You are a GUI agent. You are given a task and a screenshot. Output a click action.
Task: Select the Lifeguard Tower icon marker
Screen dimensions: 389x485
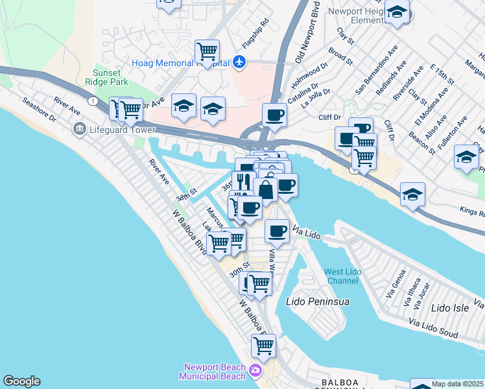point(80,129)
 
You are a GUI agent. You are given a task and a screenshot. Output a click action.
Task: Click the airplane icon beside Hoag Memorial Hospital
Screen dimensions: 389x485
point(240,63)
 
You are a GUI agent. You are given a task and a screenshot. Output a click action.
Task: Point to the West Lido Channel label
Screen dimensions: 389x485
point(341,276)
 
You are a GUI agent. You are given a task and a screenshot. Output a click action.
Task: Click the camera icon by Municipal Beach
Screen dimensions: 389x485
point(255,371)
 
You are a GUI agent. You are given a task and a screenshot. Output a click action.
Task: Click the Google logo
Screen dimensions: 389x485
point(21,381)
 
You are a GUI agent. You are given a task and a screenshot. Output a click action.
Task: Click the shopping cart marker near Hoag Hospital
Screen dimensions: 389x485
point(207,51)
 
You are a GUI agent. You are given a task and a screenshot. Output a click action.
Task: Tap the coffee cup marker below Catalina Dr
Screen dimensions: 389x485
point(274,117)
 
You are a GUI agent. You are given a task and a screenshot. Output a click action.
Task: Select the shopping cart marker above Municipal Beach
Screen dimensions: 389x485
point(263,346)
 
